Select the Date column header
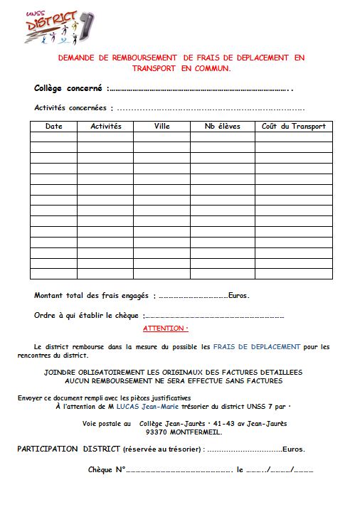54,127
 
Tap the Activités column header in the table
106,127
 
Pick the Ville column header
162,127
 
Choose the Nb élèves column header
222,127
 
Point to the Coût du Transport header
293,127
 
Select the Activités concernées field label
71,108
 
